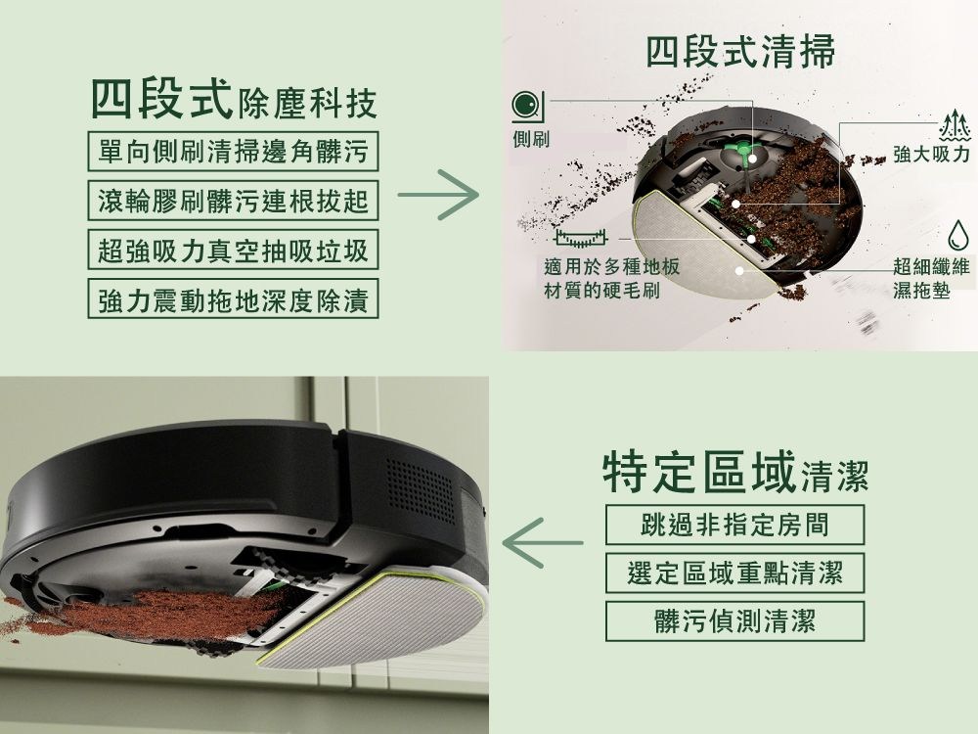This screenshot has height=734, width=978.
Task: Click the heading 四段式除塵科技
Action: [x=233, y=101]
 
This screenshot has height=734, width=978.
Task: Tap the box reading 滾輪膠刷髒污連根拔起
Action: [x=233, y=202]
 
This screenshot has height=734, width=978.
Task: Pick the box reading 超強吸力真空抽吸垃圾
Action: [x=233, y=252]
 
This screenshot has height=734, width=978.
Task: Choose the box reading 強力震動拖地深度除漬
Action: [x=233, y=301]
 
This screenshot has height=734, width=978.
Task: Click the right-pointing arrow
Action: [x=437, y=195]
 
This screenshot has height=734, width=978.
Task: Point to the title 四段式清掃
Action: [x=740, y=52]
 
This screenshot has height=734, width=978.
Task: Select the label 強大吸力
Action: [x=930, y=156]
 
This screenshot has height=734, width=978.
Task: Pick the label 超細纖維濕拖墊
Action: [x=929, y=278]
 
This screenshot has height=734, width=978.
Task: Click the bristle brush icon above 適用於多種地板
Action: [x=580, y=238]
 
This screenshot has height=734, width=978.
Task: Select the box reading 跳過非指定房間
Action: [x=734, y=525]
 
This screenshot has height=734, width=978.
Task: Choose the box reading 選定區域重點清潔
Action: [x=734, y=572]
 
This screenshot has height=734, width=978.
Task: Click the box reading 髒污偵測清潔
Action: [x=734, y=620]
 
